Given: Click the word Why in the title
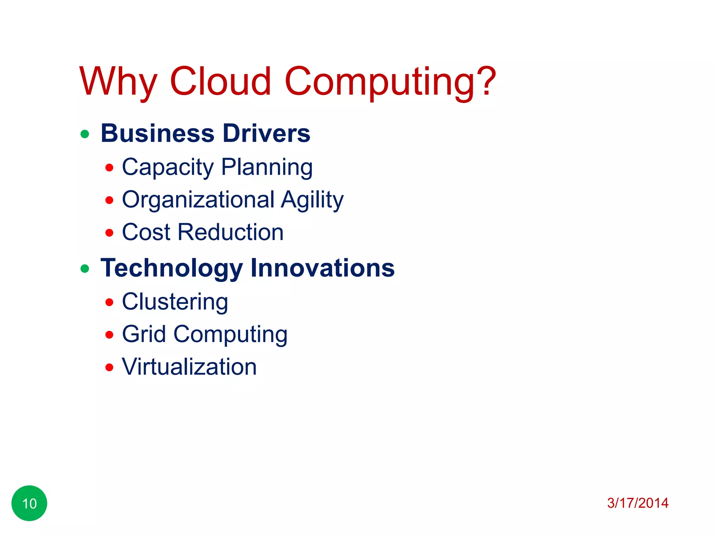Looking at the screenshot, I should (118, 82).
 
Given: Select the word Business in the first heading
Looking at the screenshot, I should (157, 133).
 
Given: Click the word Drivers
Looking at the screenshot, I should (266, 133).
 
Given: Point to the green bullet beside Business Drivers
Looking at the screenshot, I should (85, 134).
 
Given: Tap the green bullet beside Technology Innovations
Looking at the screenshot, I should (85, 269).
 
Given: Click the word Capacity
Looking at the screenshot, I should (168, 167).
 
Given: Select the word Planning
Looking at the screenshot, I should (267, 167).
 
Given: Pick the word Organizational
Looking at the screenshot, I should (198, 200).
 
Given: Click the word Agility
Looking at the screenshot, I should (312, 200).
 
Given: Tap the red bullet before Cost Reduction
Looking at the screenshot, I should (109, 233).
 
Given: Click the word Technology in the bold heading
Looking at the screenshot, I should (171, 268).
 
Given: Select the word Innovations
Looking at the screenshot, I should (323, 268).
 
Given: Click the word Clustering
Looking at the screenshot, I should (175, 302).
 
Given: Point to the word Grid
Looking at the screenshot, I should (144, 334).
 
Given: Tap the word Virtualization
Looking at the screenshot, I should (189, 367).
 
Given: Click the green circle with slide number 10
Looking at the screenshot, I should (29, 503).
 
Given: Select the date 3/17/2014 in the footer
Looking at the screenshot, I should (637, 503).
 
